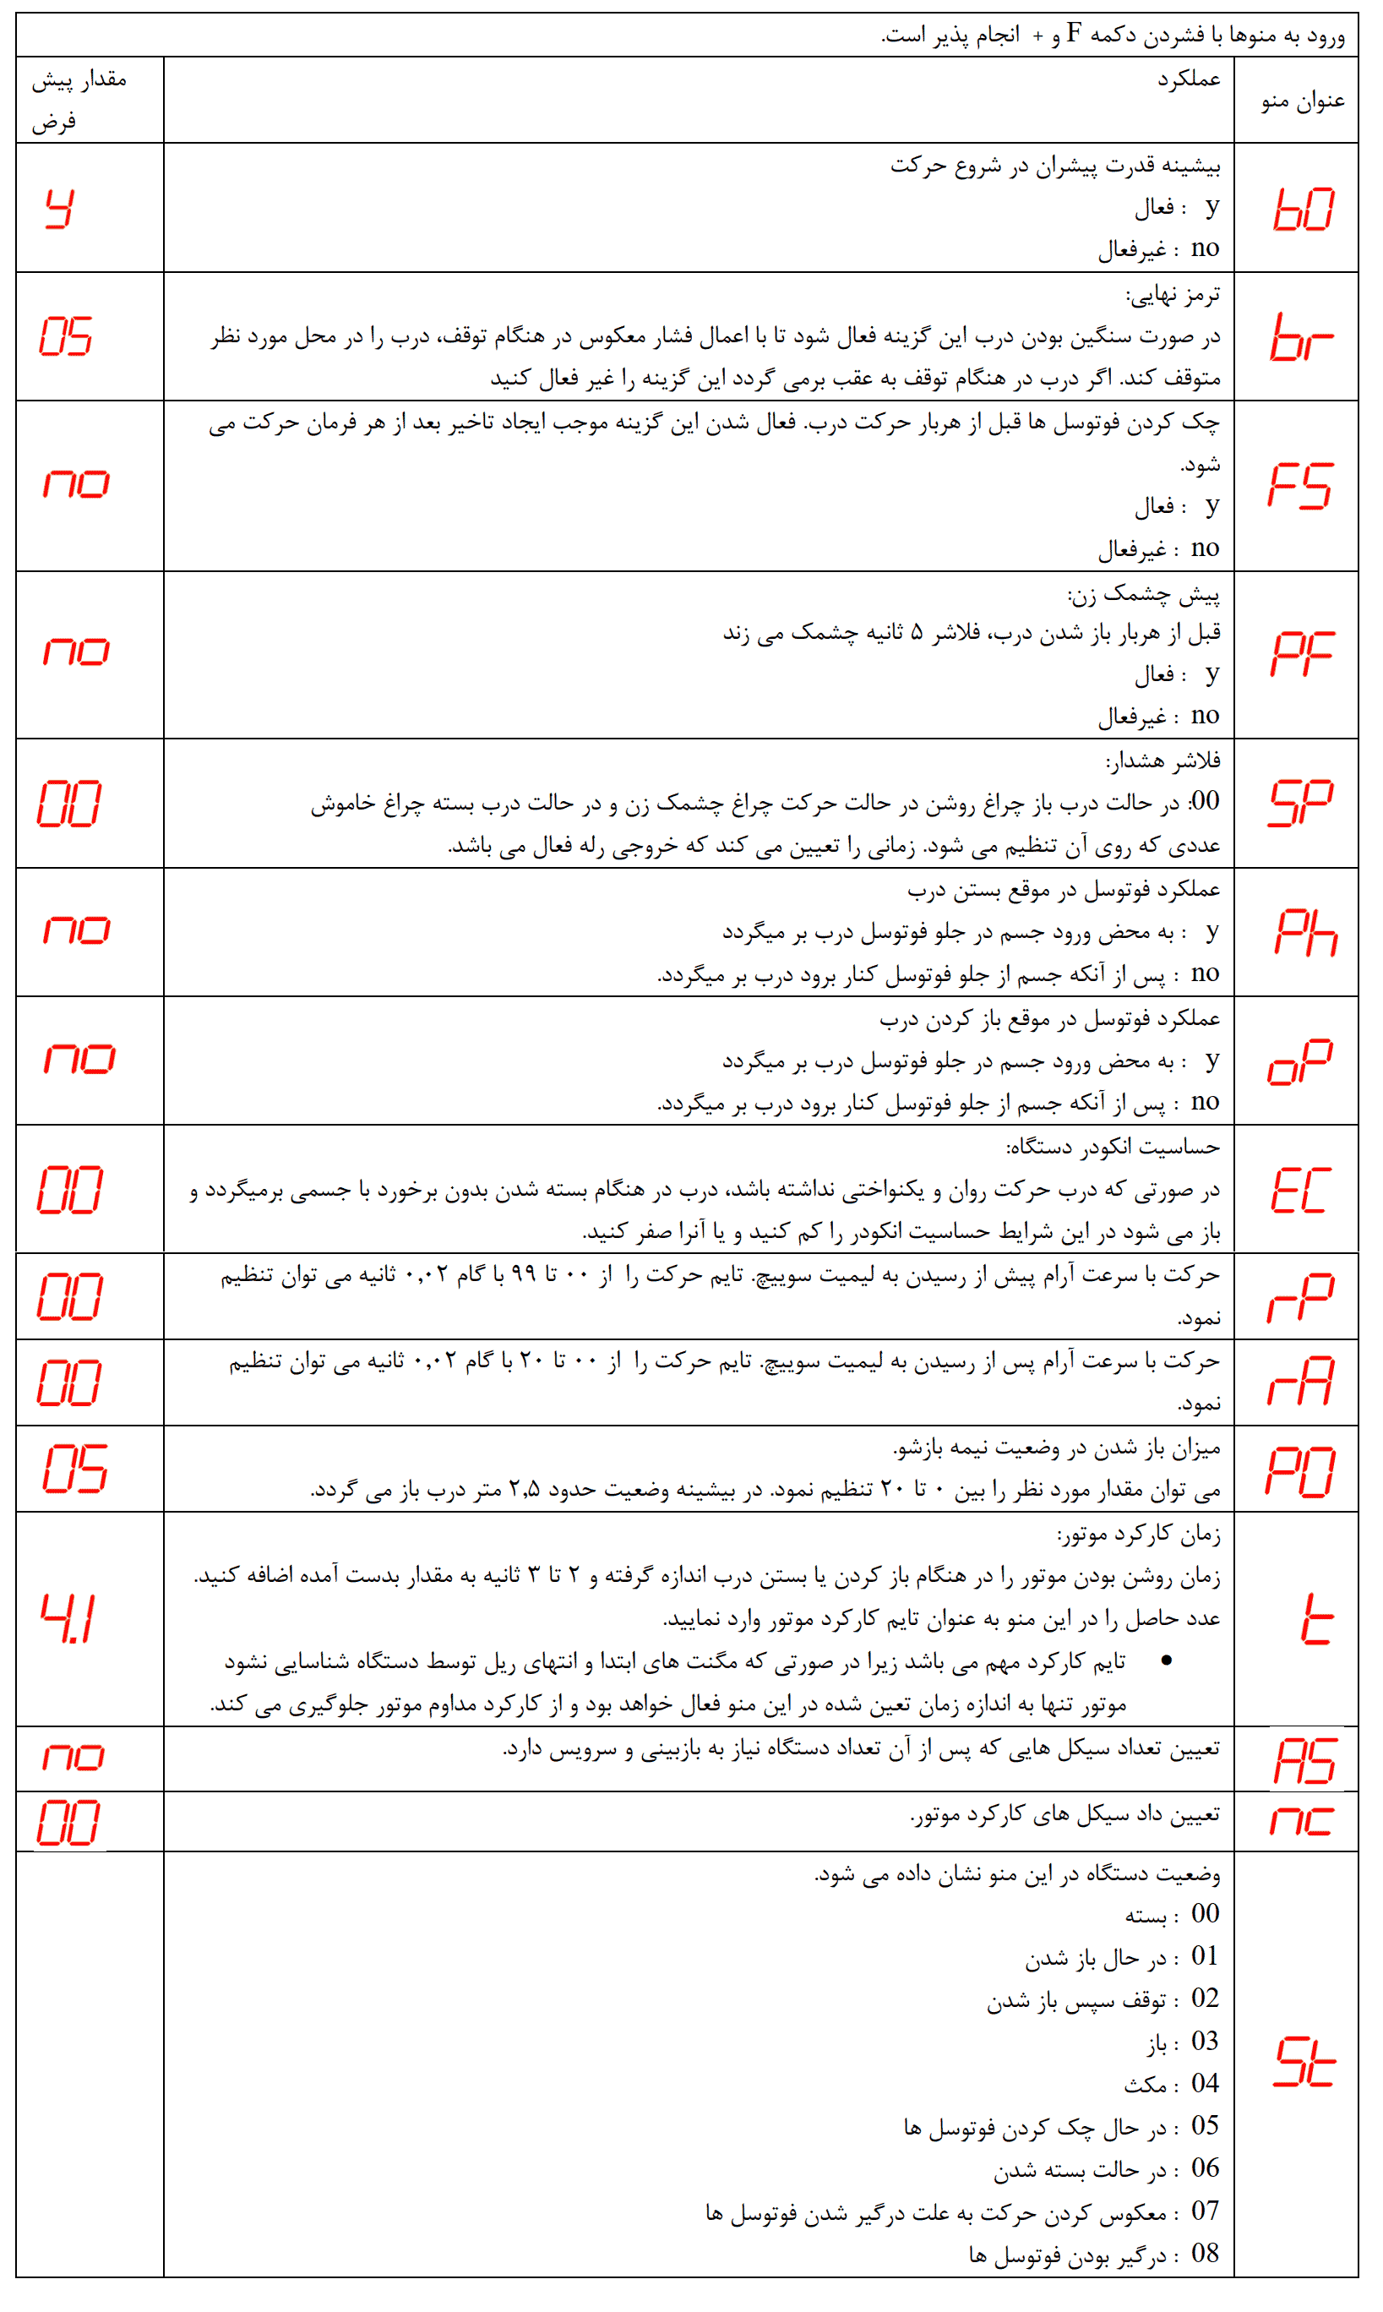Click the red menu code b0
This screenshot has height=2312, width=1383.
click(1303, 209)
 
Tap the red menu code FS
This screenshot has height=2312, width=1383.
click(1300, 486)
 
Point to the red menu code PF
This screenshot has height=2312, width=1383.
click(1302, 653)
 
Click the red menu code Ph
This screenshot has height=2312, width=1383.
click(1304, 932)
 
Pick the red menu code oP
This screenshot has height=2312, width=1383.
click(1300, 1061)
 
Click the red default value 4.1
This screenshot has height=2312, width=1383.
click(67, 1619)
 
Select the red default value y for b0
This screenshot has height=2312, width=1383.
click(60, 208)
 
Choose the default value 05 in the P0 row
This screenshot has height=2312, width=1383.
click(74, 1468)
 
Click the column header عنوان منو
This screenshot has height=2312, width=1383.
click(1302, 101)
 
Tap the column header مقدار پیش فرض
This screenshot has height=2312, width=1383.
click(79, 100)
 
